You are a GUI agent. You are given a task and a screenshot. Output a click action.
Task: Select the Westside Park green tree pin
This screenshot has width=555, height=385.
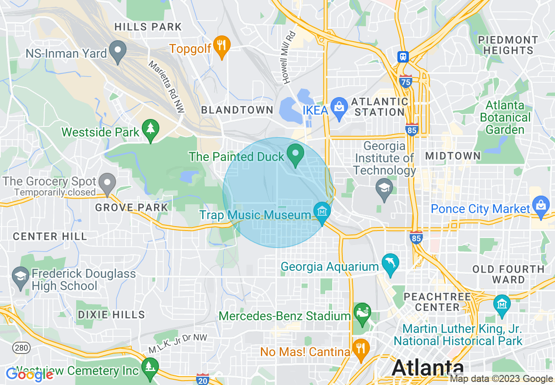coord(151,129)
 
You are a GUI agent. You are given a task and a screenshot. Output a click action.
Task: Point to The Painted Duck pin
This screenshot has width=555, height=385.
coord(295,154)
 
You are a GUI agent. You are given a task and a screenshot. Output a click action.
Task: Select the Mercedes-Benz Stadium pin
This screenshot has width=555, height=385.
coord(362,313)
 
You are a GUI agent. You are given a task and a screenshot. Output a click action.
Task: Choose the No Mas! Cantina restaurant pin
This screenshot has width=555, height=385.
coord(361,349)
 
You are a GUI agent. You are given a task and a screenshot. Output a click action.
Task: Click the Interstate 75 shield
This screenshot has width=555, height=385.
coord(406,81)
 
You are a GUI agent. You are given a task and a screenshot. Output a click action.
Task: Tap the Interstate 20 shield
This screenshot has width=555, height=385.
coord(203,378)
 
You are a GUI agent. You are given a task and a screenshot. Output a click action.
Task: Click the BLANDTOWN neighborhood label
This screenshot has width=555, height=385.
coord(237,110)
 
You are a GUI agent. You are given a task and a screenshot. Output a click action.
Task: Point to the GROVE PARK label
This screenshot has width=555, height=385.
coord(132,207)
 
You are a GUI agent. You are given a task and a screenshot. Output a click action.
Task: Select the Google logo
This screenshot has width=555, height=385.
coord(30,374)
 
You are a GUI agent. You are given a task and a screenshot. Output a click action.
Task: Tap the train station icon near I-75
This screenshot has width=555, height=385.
coord(403,56)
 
